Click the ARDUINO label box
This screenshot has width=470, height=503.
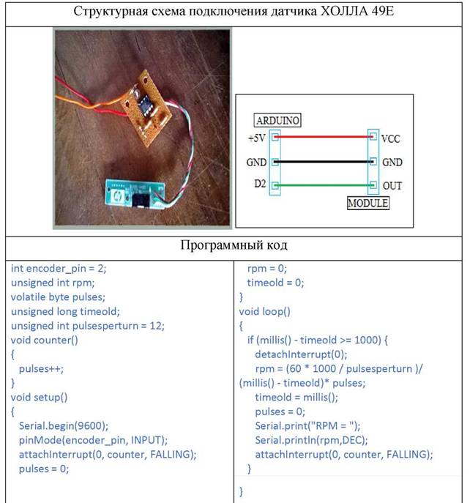(x=277, y=120)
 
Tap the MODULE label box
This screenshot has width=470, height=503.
(x=368, y=203)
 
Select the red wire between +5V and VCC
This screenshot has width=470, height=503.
(x=324, y=137)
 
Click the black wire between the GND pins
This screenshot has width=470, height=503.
(x=324, y=162)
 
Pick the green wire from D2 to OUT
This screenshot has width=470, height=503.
(x=324, y=185)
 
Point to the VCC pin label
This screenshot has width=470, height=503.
(x=391, y=138)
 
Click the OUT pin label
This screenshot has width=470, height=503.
(x=392, y=185)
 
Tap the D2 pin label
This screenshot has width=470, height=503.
(x=260, y=184)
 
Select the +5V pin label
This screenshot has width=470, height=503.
(x=257, y=138)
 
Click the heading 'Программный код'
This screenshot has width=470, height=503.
(x=234, y=245)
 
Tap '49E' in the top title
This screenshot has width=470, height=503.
(x=383, y=11)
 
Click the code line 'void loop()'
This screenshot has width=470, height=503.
(x=265, y=311)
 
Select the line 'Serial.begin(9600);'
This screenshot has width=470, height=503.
(x=64, y=425)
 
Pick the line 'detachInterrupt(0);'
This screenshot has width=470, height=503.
(x=301, y=354)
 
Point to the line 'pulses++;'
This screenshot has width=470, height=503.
(x=41, y=369)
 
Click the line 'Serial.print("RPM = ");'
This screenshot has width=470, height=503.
(x=307, y=425)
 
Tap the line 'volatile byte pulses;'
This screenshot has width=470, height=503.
(x=58, y=297)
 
